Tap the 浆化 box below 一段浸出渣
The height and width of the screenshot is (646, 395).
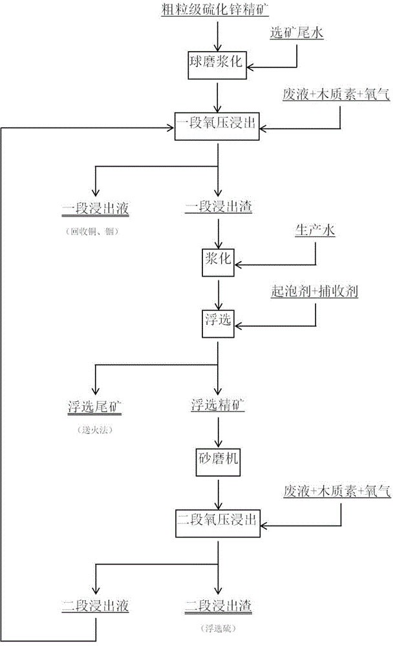pyautogui.click(x=219, y=262)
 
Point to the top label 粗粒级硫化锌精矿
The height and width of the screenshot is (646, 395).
pyautogui.click(x=218, y=9)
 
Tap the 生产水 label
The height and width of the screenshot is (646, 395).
pyautogui.click(x=315, y=231)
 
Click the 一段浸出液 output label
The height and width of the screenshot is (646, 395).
pyautogui.click(x=96, y=208)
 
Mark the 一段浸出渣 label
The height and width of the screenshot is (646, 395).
pyautogui.click(x=219, y=208)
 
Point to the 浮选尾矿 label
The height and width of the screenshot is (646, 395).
pyautogui.click(x=96, y=406)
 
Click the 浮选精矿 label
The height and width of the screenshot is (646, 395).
pyautogui.click(x=219, y=406)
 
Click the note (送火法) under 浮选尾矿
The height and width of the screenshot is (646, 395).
pyautogui.click(x=96, y=430)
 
